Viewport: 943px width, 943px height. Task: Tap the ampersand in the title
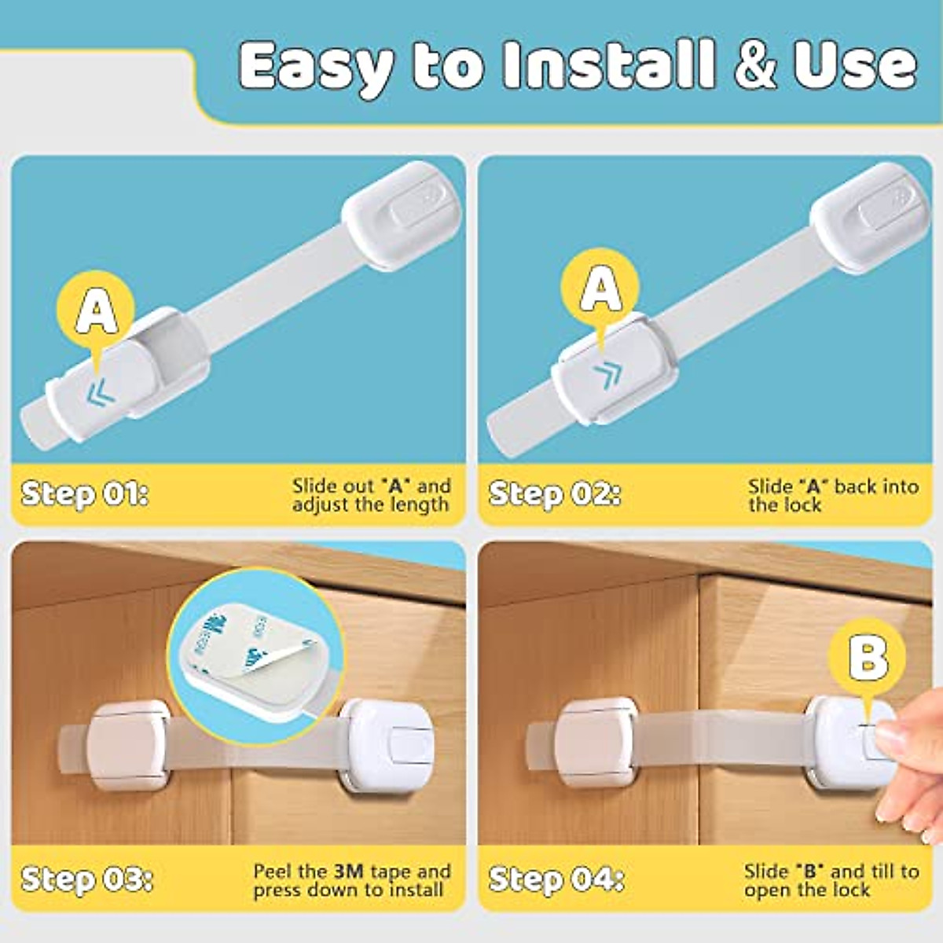(x=756, y=66)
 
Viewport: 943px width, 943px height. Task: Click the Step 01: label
(x=84, y=494)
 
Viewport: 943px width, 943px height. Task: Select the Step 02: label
(x=554, y=494)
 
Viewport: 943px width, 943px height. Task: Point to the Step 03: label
(x=86, y=879)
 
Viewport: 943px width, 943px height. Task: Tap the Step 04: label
(x=556, y=879)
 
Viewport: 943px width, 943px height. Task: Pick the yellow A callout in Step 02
(x=600, y=288)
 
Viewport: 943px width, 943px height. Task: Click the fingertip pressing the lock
(x=893, y=739)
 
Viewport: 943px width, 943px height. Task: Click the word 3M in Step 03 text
(x=349, y=871)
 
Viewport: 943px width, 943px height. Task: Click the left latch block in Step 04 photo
(x=595, y=741)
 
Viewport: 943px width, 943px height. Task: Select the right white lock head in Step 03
(x=391, y=743)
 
